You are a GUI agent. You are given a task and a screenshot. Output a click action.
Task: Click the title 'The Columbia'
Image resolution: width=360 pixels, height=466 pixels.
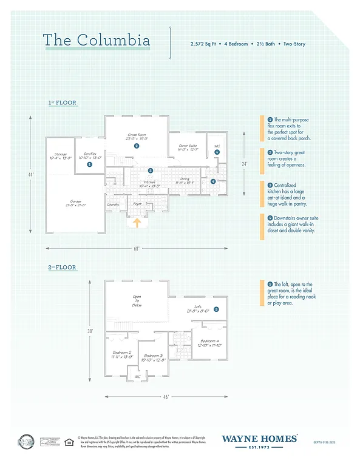(x=97, y=41)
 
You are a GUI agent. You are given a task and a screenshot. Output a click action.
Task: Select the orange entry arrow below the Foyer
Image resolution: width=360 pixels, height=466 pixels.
(x=137, y=223)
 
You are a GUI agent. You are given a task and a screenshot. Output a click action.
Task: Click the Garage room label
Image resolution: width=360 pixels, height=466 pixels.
(x=76, y=203)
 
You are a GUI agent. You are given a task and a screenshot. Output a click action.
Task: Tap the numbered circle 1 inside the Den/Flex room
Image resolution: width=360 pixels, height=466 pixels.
(x=89, y=164)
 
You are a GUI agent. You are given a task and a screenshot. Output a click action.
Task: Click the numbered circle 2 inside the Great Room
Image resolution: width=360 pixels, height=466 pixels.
(x=137, y=146)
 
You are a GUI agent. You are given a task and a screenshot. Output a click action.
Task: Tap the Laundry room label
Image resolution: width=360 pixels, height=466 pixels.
(x=112, y=204)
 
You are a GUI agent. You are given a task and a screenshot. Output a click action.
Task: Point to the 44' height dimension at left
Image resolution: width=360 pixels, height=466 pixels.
(x=31, y=175)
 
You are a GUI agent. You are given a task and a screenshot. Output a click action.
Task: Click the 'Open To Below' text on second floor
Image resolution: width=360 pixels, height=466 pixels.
(x=137, y=301)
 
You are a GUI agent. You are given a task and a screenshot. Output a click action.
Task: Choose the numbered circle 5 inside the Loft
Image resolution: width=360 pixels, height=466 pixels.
(x=216, y=309)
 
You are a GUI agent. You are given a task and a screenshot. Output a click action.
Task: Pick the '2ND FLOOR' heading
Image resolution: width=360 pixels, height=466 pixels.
(x=63, y=267)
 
